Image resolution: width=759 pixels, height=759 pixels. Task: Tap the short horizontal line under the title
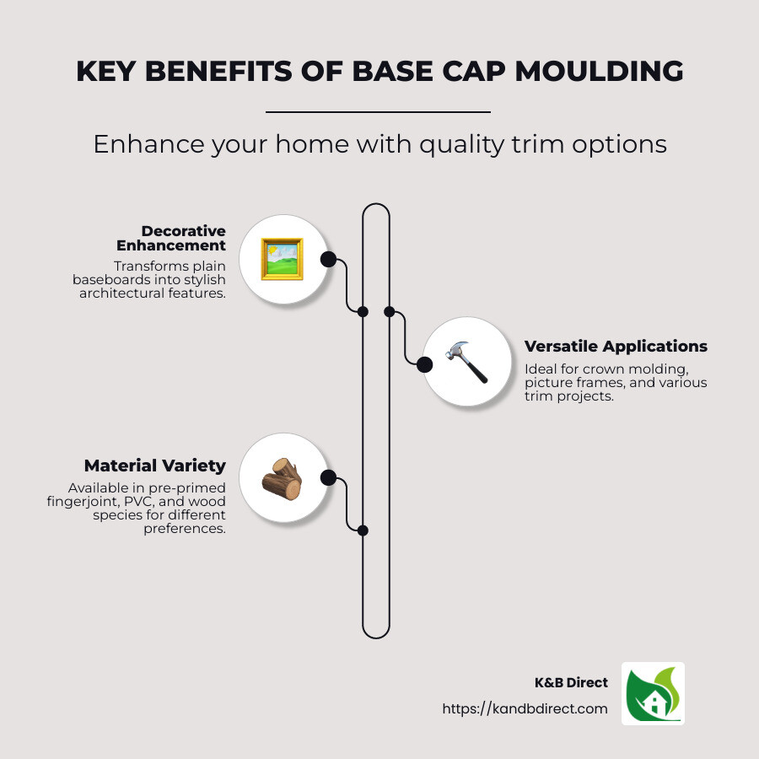(378, 111)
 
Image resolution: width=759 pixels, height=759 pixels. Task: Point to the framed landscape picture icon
(282, 259)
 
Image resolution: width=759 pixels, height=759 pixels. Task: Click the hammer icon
(466, 362)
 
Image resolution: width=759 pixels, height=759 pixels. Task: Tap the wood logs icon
(282, 478)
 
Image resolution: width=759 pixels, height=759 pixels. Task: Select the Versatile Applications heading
(616, 347)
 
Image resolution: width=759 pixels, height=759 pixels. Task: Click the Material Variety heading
(154, 466)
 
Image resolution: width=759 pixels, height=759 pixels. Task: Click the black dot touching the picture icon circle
(328, 259)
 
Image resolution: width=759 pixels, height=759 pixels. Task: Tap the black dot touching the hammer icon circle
(424, 363)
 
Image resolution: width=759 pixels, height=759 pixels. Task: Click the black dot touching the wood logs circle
(328, 478)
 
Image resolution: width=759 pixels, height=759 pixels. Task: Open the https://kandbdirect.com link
(525, 709)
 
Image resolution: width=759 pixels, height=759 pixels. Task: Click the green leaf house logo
(653, 693)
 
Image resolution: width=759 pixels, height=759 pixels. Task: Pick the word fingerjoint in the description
(94, 503)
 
